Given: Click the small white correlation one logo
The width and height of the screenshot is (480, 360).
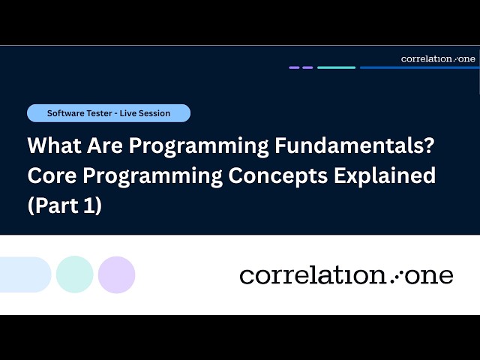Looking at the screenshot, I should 438,58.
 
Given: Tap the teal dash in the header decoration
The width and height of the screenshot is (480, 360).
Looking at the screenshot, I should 336,67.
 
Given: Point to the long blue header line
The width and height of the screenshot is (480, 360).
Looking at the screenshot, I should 418,67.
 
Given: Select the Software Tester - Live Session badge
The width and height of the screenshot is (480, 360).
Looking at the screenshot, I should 109,113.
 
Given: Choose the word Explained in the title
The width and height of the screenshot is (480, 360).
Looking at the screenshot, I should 388,175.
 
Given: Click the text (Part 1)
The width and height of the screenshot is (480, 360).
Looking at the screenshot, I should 64,206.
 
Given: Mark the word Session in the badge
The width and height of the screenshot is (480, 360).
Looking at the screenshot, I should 154,113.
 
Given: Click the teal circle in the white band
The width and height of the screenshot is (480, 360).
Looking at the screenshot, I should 75,274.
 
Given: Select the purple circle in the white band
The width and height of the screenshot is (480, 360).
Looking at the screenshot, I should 116,274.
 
